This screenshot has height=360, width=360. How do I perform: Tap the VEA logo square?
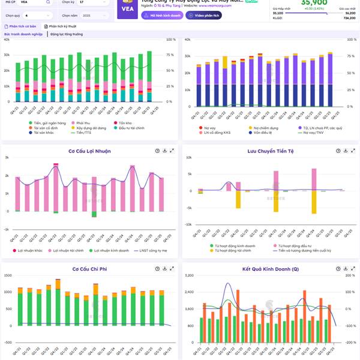click(x=127, y=10)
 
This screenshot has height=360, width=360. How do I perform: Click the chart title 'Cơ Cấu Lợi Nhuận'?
click(x=89, y=151)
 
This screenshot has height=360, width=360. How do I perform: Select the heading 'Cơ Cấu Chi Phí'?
click(x=89, y=269)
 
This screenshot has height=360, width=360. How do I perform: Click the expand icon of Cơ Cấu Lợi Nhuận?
click(x=172, y=151)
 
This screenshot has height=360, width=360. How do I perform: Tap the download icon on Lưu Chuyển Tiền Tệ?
click(x=343, y=151)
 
